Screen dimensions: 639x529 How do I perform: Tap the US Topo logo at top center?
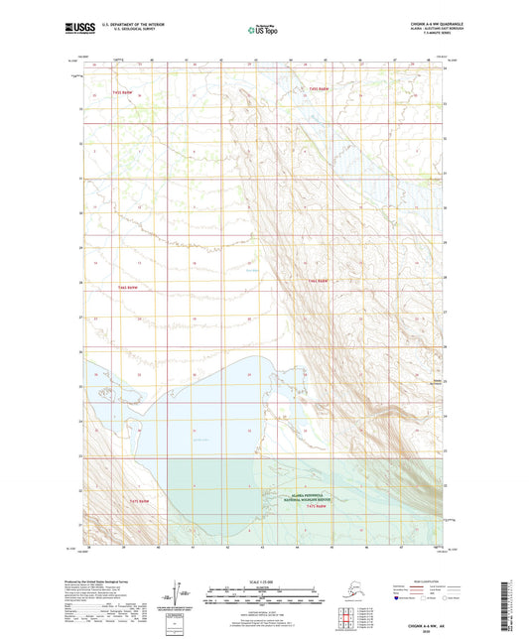pos(263,32)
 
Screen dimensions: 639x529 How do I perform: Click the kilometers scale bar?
pos(264,590)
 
